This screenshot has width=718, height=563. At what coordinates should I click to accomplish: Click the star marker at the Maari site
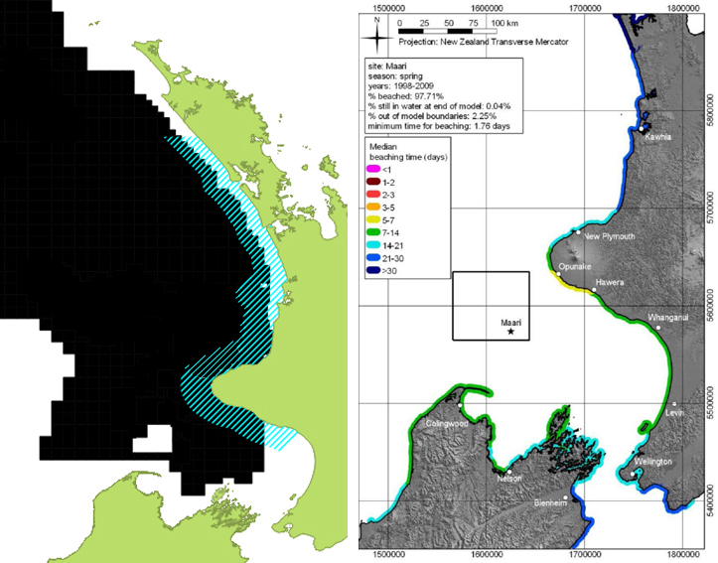[511, 332]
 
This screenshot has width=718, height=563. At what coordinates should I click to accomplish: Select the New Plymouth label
[609, 237]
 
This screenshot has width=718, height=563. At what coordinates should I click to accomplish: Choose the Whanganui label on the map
[666, 318]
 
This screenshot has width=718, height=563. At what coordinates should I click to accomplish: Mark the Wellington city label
[651, 462]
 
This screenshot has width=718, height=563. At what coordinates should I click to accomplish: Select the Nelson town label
[509, 479]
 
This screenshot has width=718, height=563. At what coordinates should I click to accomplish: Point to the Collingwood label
[445, 423]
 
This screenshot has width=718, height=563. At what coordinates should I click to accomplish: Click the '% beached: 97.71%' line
[411, 95]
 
